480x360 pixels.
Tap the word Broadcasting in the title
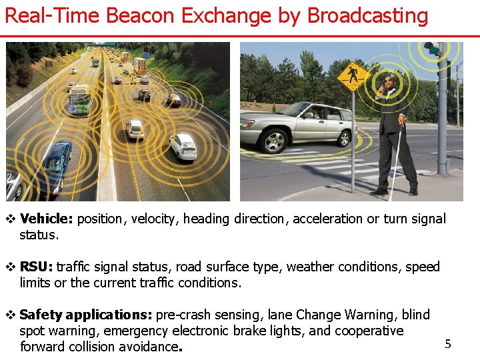(366, 15)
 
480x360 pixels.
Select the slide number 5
(448, 344)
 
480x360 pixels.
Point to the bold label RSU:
(37, 267)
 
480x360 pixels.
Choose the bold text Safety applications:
(86, 315)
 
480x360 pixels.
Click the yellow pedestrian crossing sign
(353, 76)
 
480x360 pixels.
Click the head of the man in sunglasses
(389, 82)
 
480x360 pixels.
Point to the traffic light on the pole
(435, 49)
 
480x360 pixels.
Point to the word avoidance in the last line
(149, 347)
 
